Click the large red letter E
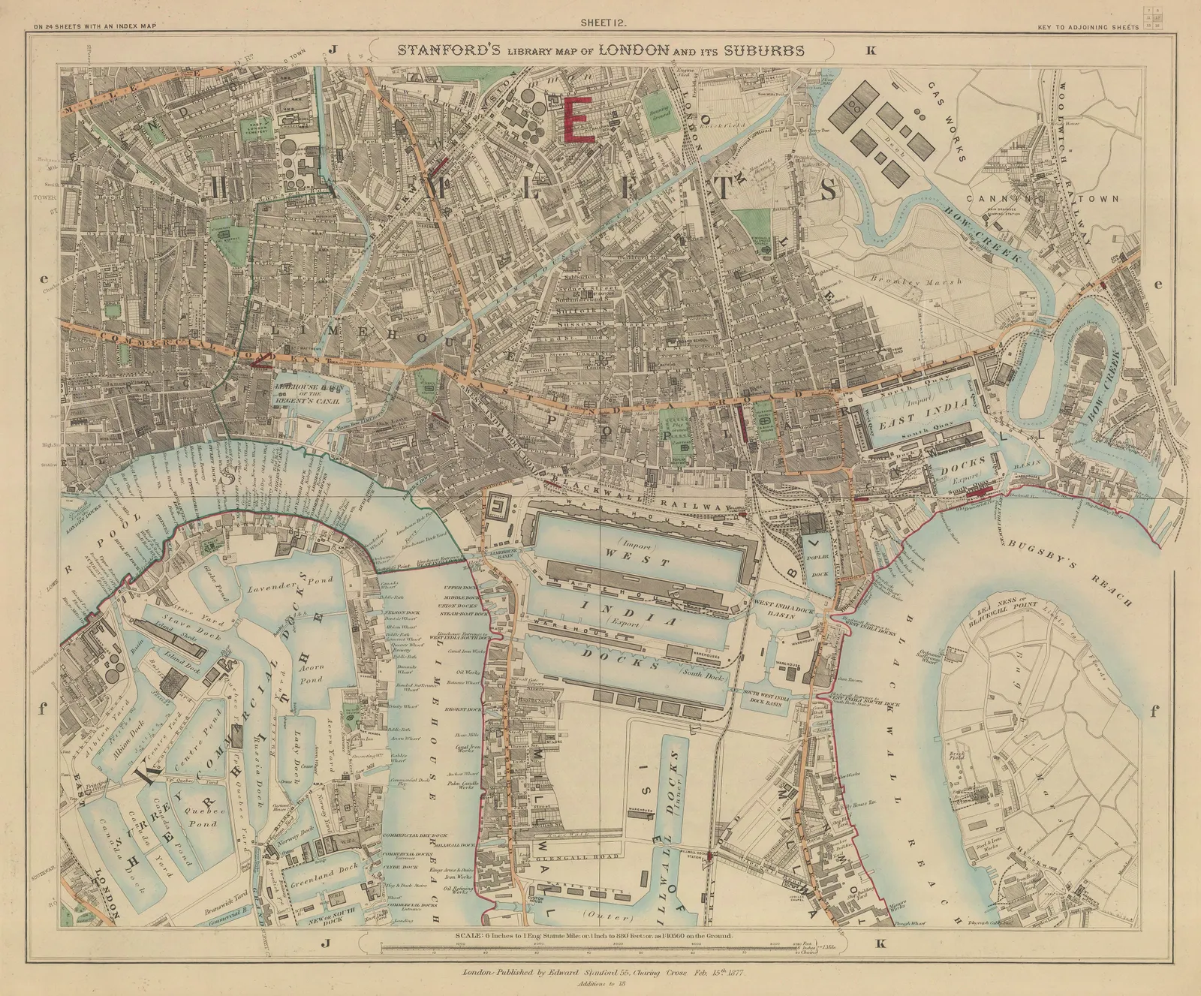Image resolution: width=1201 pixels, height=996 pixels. click(579, 119)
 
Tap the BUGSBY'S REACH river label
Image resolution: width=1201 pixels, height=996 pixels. click(1070, 573)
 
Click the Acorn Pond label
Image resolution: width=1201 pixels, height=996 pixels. click(311, 673)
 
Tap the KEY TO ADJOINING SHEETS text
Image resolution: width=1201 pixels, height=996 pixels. click(1088, 27)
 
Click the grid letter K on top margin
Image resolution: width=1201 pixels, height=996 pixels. click(871, 51)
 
